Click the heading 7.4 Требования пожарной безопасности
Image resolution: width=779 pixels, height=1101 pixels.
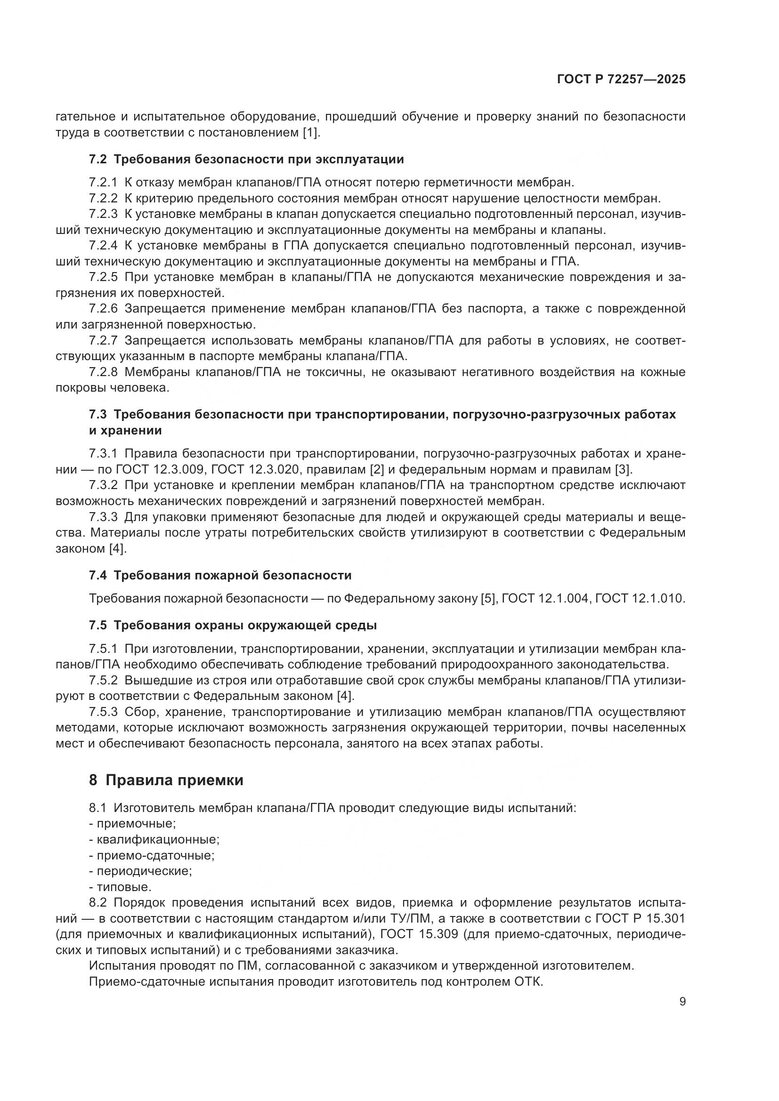coord(220,575)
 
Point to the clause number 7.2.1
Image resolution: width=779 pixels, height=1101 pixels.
coord(103,183)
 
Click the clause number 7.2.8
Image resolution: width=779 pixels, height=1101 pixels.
coord(103,372)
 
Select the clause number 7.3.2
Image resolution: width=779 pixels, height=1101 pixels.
coord(103,485)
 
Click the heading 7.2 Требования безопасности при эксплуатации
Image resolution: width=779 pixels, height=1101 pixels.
coord(246,159)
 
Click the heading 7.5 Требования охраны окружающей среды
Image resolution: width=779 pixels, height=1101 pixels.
coord(233,626)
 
